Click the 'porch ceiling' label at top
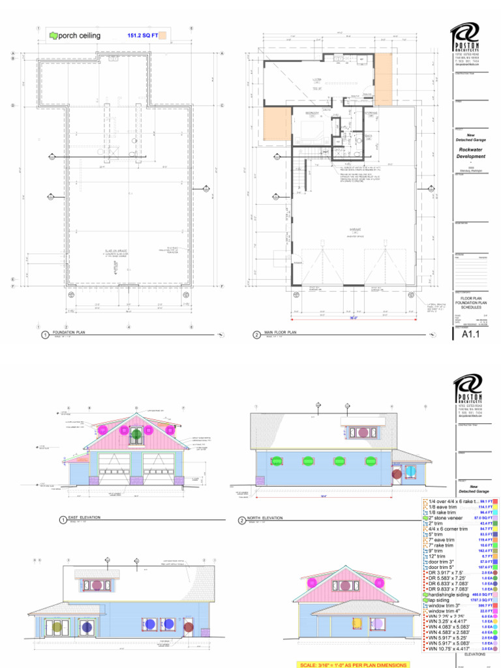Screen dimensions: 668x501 coord(79,35)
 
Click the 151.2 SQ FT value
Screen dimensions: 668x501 coord(142,35)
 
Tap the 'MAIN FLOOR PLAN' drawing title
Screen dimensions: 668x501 coord(280,333)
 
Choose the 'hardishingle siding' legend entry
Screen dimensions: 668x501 coord(451,594)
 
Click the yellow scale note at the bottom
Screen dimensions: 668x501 coord(354,665)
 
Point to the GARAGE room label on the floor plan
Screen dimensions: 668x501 coord(356,230)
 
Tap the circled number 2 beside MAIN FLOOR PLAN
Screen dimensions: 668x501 coord(256,335)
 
